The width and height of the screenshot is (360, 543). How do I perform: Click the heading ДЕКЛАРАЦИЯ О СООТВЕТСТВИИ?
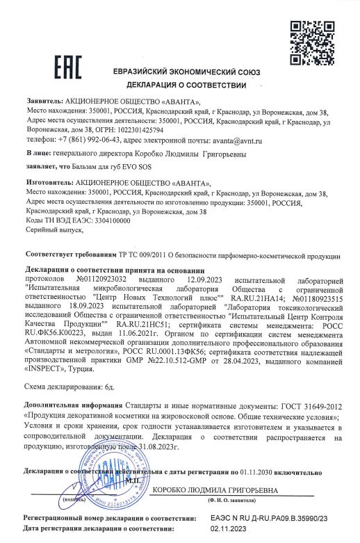point(187,86)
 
